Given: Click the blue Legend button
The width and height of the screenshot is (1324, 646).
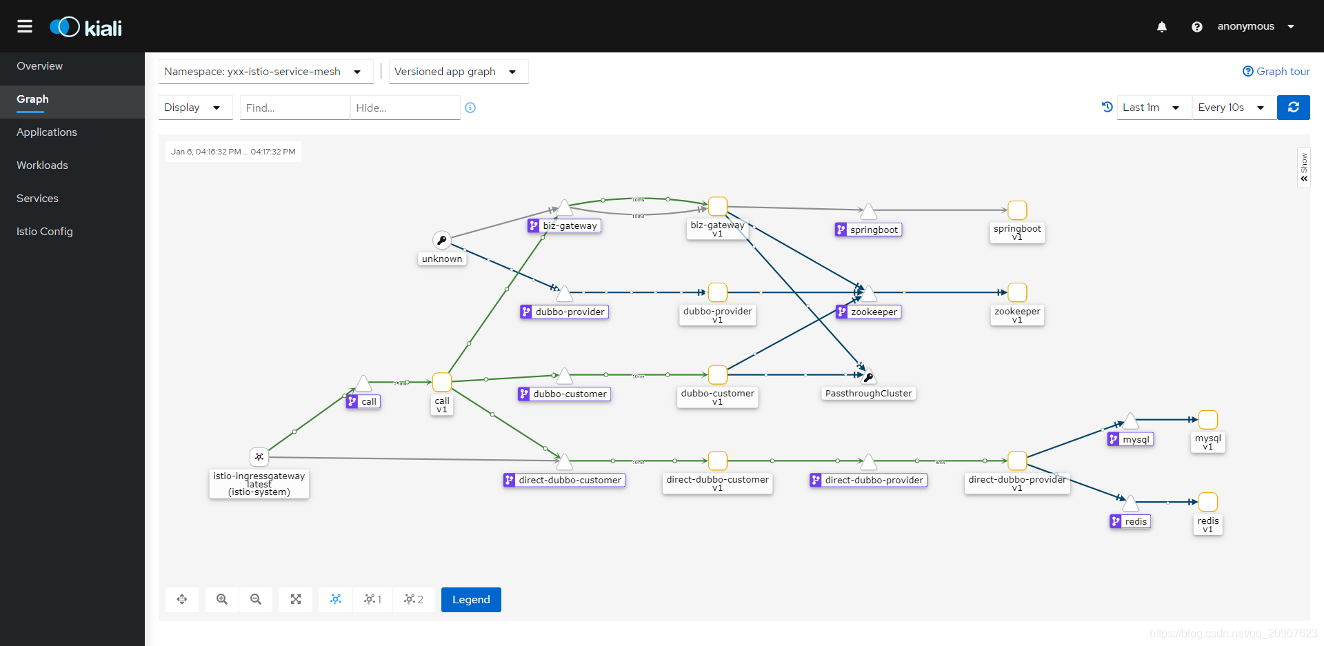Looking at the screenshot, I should tap(471, 600).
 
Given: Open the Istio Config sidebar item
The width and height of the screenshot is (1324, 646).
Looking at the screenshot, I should tap(45, 232).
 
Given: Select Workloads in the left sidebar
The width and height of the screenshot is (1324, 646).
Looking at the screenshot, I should tap(42, 165).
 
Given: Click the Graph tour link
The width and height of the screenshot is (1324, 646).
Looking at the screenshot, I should tap(1276, 72).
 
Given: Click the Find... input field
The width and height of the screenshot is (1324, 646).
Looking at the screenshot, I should tap(294, 108).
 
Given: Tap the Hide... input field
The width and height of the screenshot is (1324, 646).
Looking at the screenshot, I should tap(405, 108).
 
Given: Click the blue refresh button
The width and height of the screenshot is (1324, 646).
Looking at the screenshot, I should tap(1293, 108).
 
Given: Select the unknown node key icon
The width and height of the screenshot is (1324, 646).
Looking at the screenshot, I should tap(442, 240).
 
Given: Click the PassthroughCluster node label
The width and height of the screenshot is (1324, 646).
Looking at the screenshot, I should tap(868, 394).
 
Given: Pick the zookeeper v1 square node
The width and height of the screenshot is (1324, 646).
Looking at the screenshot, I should tap(1017, 292).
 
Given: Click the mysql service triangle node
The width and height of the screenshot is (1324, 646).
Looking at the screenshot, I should tap(1130, 421).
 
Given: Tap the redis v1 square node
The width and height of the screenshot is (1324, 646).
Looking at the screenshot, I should tap(1207, 502).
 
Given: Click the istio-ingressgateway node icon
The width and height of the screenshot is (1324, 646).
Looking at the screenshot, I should tap(259, 456).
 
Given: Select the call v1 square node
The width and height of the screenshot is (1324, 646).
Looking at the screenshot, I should tap(442, 382).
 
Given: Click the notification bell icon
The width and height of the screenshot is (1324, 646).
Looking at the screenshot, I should tap(1162, 27).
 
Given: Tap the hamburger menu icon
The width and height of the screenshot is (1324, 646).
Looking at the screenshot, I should tap(25, 26).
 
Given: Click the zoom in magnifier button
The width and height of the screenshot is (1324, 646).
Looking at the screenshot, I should tap(222, 600).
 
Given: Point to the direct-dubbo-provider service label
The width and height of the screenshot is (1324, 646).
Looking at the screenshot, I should tap(874, 481).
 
